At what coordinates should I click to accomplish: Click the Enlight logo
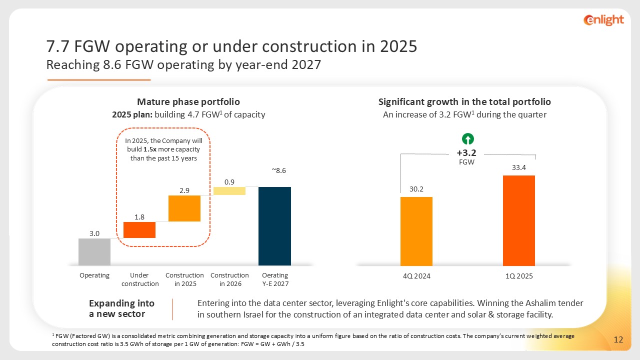[603, 20]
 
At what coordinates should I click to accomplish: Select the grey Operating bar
[94, 251]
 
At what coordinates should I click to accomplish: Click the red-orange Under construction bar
[139, 230]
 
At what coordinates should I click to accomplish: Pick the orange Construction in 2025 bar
[184, 208]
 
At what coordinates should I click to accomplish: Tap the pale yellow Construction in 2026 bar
[229, 191]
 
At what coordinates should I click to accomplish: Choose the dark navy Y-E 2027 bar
[274, 226]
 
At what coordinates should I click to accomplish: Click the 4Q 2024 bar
[416, 231]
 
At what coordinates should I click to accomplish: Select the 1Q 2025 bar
[519, 220]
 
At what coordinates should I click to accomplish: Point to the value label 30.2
[416, 189]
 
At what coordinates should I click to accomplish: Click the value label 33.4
[518, 168]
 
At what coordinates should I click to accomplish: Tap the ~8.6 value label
[278, 170]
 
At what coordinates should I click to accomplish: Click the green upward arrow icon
[468, 139]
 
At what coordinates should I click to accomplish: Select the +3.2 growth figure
[468, 153]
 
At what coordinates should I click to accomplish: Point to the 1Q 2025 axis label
[519, 276]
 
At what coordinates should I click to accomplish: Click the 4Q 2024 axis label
[416, 276]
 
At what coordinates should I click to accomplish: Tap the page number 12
[618, 340]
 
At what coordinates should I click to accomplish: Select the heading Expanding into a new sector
[121, 308]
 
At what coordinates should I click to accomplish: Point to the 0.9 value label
[229, 182]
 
